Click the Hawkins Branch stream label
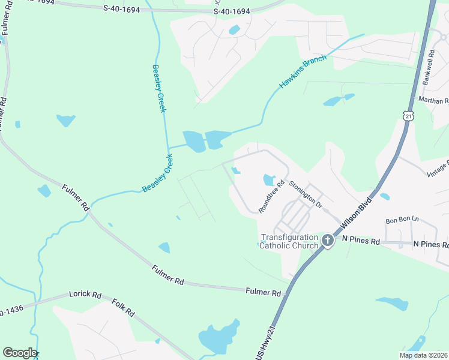coord(303,72)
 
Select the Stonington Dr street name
coord(306,195)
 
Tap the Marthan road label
coord(434,101)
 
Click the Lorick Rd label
coord(85,295)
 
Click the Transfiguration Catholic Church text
coord(289,241)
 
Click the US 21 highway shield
coord(408,116)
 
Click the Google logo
coord(19,353)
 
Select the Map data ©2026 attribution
coord(423,355)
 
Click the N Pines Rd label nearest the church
coord(361,242)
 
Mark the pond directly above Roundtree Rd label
coord(268,179)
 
